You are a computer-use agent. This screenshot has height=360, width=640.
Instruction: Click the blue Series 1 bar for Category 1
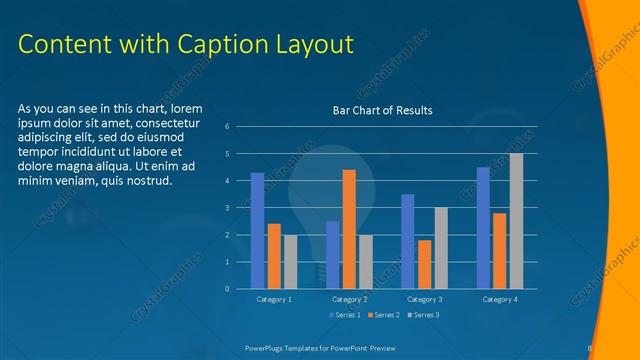[x=257, y=231]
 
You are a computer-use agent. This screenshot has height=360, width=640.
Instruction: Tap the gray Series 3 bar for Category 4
[x=516, y=221]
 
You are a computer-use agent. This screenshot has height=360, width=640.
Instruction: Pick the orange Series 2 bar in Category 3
[x=425, y=264]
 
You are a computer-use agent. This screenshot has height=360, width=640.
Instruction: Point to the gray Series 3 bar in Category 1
[x=290, y=262]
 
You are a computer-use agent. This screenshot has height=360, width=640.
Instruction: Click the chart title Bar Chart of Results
[x=383, y=110]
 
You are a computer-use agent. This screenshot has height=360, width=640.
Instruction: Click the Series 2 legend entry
[x=384, y=315]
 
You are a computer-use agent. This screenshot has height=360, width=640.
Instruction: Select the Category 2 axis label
[x=349, y=299]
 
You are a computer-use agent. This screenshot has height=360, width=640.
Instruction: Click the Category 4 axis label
[x=500, y=299]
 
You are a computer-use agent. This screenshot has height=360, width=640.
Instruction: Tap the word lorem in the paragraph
[x=187, y=108]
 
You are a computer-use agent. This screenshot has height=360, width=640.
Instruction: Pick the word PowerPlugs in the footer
[x=268, y=347]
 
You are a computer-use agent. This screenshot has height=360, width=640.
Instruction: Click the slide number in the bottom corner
[x=591, y=347]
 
